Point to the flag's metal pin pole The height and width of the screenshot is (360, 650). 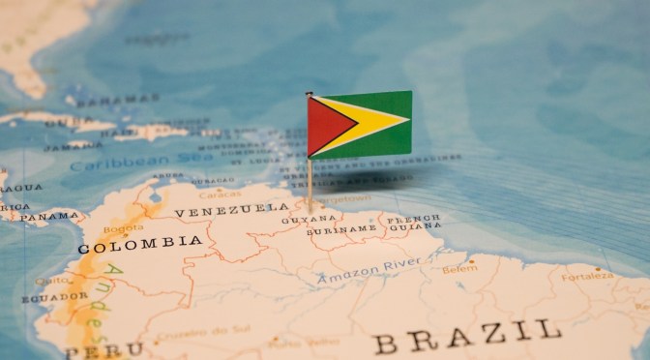tap(310, 179)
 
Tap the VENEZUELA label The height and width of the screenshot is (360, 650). tap(231, 209)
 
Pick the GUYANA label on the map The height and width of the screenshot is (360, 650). tap(296, 220)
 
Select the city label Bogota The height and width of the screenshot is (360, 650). tap(122, 228)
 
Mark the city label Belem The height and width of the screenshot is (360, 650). tap(459, 269)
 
